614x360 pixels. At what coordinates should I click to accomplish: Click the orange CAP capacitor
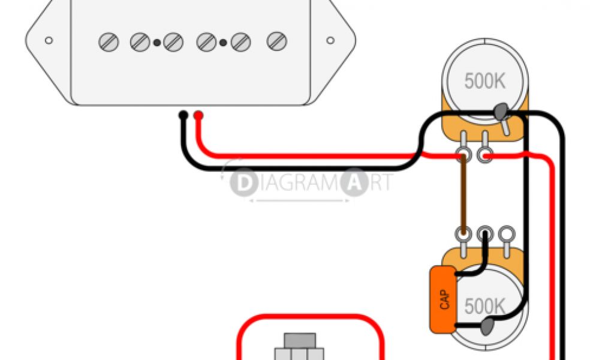coord(443,299)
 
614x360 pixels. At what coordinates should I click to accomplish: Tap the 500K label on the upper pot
coord(484,81)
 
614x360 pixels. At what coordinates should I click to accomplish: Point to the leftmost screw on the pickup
coord(108,42)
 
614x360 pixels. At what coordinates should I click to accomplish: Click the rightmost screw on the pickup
coord(276,41)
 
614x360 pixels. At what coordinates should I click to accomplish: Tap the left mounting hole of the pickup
coord(49,41)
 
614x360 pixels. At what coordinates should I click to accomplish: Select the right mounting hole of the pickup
coord(330,41)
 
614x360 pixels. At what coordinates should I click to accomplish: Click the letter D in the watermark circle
coord(242,184)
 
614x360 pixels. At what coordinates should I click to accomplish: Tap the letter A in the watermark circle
coord(353,184)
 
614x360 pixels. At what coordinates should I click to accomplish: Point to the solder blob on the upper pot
coord(500,110)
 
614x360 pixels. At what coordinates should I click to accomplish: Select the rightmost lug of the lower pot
coord(507,233)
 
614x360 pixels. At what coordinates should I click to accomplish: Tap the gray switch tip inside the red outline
coord(299,340)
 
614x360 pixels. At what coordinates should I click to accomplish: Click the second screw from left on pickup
coord(140,42)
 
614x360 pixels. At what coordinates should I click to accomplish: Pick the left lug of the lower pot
coord(462,233)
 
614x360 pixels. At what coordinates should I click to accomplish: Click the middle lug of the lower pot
coord(484,233)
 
